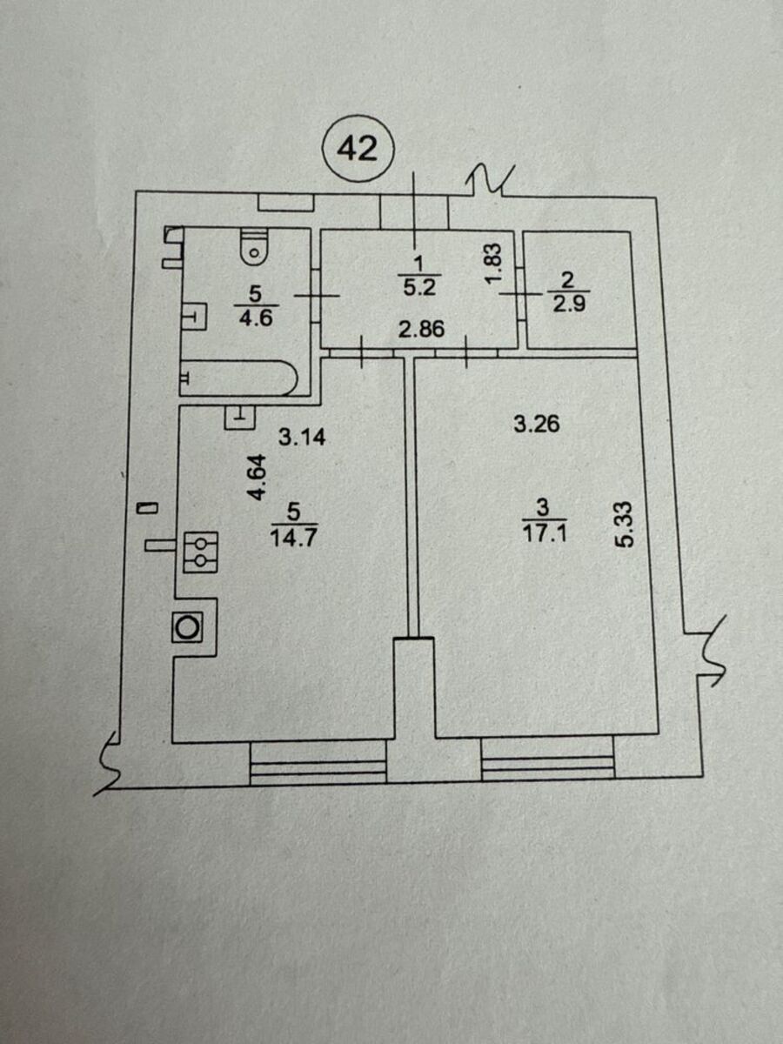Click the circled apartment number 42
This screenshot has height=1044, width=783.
[x=358, y=150]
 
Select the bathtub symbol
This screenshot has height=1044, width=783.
[x=238, y=378]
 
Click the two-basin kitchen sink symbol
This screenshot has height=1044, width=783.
[x=201, y=552]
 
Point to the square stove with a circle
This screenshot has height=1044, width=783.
[x=188, y=627]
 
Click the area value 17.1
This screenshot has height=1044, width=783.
[x=545, y=533]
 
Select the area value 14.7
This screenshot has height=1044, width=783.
[x=293, y=539]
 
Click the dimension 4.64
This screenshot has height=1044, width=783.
[x=258, y=477]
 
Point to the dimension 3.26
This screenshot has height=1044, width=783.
[x=537, y=424]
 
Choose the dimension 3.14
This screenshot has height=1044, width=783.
[x=302, y=437]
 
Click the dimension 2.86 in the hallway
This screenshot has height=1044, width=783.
[x=421, y=329]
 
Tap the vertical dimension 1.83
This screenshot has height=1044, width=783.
[x=494, y=264]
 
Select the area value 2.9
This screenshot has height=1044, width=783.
[x=569, y=303]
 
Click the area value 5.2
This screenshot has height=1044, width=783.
[x=419, y=287]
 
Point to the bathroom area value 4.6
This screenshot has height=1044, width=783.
[x=257, y=318]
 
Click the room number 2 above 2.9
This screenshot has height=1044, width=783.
[x=567, y=281]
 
